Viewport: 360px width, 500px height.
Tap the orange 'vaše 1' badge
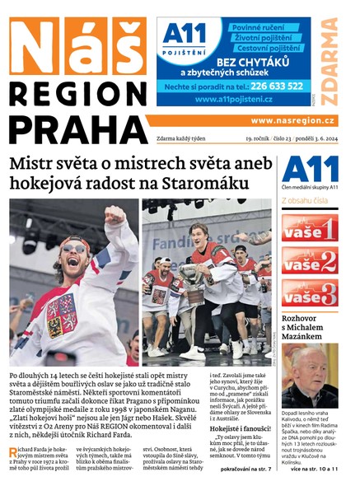point(309,228)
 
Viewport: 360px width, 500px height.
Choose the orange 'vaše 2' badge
point(309,259)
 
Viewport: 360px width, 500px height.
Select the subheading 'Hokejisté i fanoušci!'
point(241,428)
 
